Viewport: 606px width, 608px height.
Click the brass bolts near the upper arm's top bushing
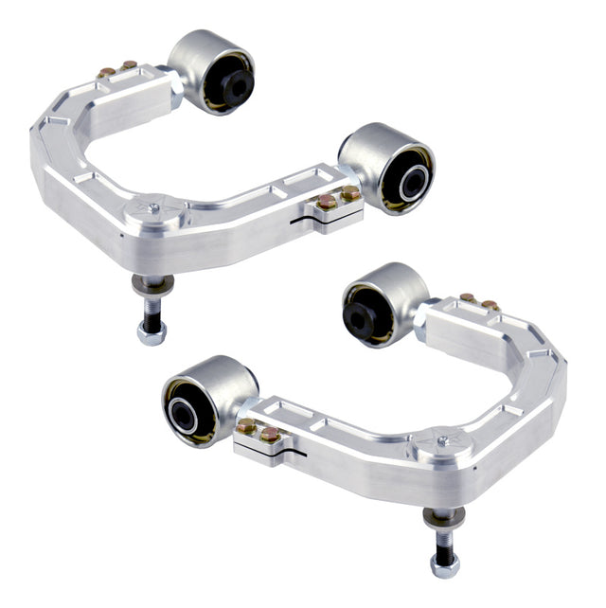click(x=117, y=68)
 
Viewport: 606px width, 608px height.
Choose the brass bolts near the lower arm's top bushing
click(x=478, y=301)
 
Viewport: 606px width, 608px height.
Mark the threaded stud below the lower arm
click(x=443, y=540)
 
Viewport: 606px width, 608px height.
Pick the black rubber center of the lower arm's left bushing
click(x=182, y=411)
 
